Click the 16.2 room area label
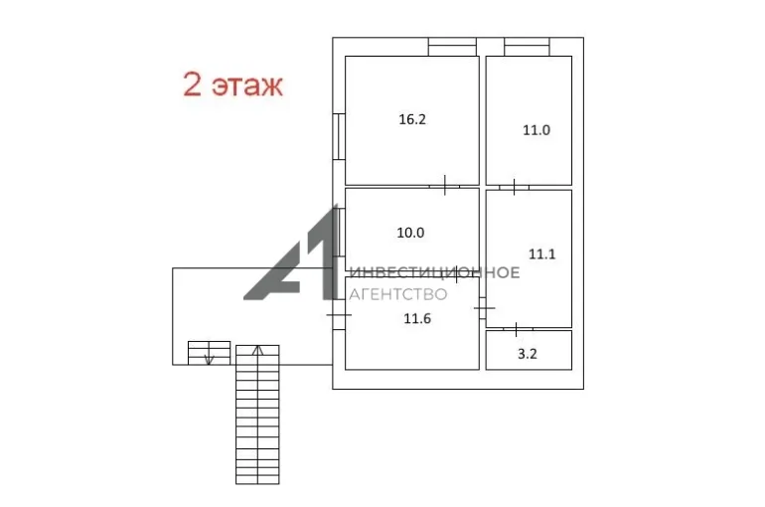412,119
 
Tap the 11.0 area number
536,130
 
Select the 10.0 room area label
410,233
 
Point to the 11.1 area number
542,254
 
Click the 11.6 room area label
417,319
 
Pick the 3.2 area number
528,354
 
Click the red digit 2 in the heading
192,84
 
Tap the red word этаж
246,86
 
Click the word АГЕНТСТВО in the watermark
398,294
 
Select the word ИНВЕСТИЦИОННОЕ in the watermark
435,272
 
